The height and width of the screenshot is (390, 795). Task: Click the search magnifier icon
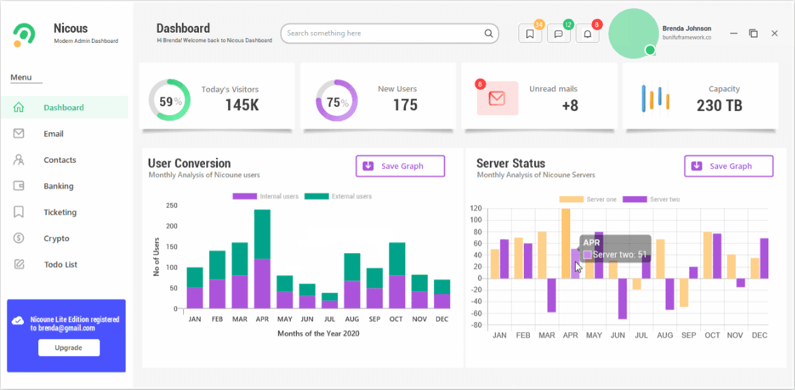(488, 33)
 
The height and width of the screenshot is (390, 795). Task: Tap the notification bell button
(588, 34)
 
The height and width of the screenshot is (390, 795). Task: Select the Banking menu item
(59, 186)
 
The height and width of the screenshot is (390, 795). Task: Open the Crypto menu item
(57, 238)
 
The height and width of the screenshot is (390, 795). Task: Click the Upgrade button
(69, 348)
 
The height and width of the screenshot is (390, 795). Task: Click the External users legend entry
(338, 196)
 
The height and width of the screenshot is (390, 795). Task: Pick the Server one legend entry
(588, 199)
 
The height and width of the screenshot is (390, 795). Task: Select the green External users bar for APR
(262, 234)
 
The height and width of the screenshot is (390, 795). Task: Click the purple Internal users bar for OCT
(396, 292)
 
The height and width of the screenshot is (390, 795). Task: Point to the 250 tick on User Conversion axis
(172, 206)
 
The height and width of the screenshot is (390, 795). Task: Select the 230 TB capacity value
(719, 105)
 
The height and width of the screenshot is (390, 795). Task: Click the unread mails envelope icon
(497, 98)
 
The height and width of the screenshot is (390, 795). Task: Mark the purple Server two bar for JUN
(622, 298)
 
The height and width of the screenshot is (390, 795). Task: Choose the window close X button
(774, 33)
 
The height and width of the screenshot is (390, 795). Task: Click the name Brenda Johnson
(687, 29)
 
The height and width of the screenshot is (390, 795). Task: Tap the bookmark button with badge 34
(530, 34)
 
